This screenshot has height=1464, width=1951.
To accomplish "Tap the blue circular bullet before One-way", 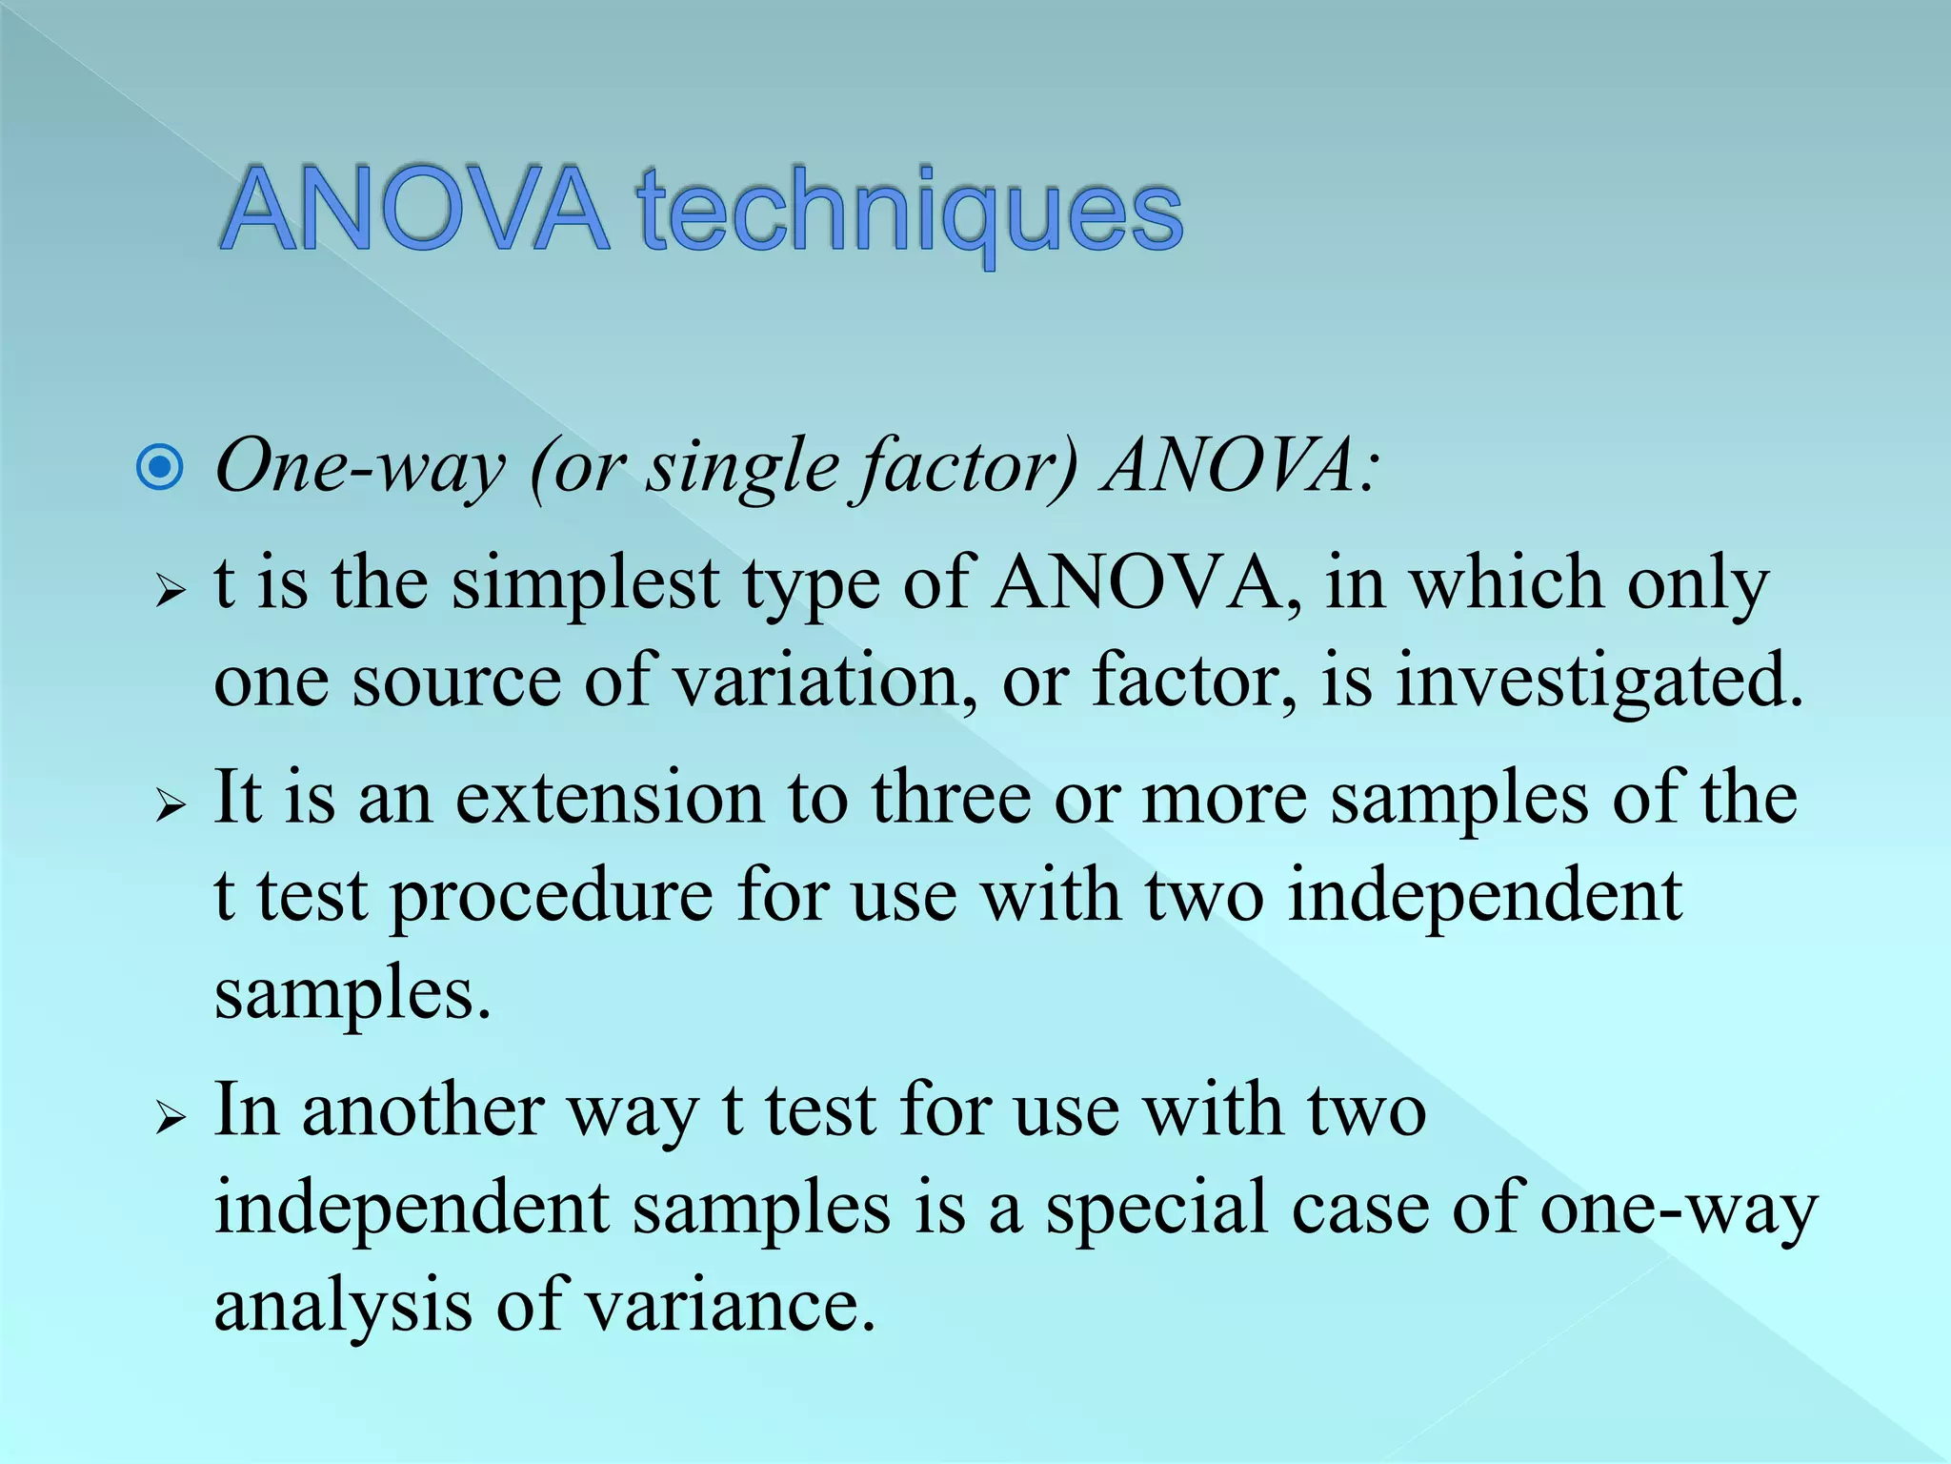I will [160, 467].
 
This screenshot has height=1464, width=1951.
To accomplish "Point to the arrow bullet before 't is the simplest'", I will [170, 591].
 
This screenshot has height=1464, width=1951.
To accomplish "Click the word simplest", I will [584, 583].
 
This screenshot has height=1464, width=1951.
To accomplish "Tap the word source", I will [456, 681].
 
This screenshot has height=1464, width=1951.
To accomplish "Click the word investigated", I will [1599, 681].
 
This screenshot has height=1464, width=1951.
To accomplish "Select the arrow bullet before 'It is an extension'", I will [170, 804].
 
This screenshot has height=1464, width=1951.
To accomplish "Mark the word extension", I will [609, 798].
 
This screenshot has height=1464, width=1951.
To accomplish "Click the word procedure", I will [552, 897].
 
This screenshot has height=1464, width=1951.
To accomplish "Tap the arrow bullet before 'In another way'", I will [170, 1117].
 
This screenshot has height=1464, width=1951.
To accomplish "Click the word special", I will [1157, 1209].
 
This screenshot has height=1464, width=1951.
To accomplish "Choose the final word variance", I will [729, 1306].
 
